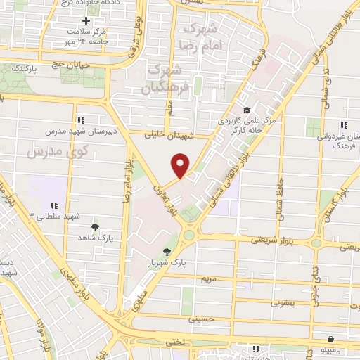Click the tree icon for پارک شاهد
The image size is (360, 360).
pyautogui.click(x=95, y=227)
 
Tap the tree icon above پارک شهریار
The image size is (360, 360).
pyautogui.click(x=167, y=252)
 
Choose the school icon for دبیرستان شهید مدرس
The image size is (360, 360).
pyautogui.click(x=81, y=120)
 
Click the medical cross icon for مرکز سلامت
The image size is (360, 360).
pyautogui.click(x=86, y=21)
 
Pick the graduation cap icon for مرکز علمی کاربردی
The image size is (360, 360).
pyautogui.click(x=246, y=110)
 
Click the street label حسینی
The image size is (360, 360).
pyautogui.click(x=200, y=319)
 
